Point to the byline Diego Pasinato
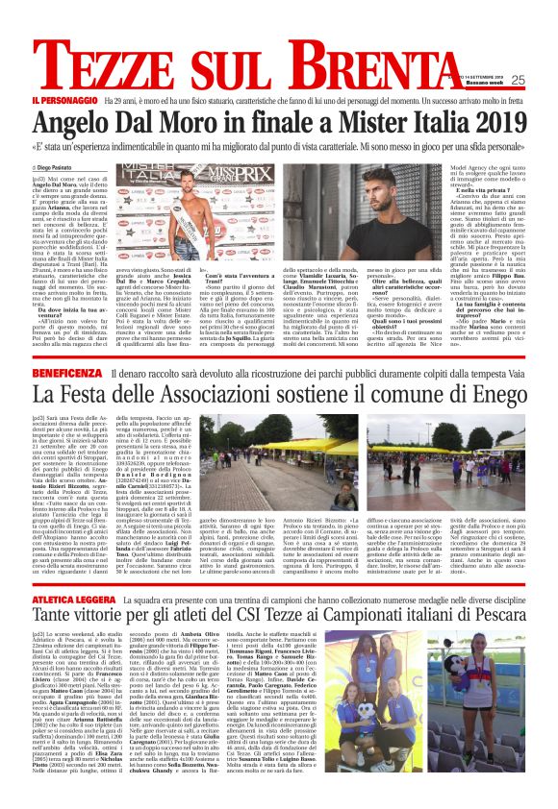coord(85,168)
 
